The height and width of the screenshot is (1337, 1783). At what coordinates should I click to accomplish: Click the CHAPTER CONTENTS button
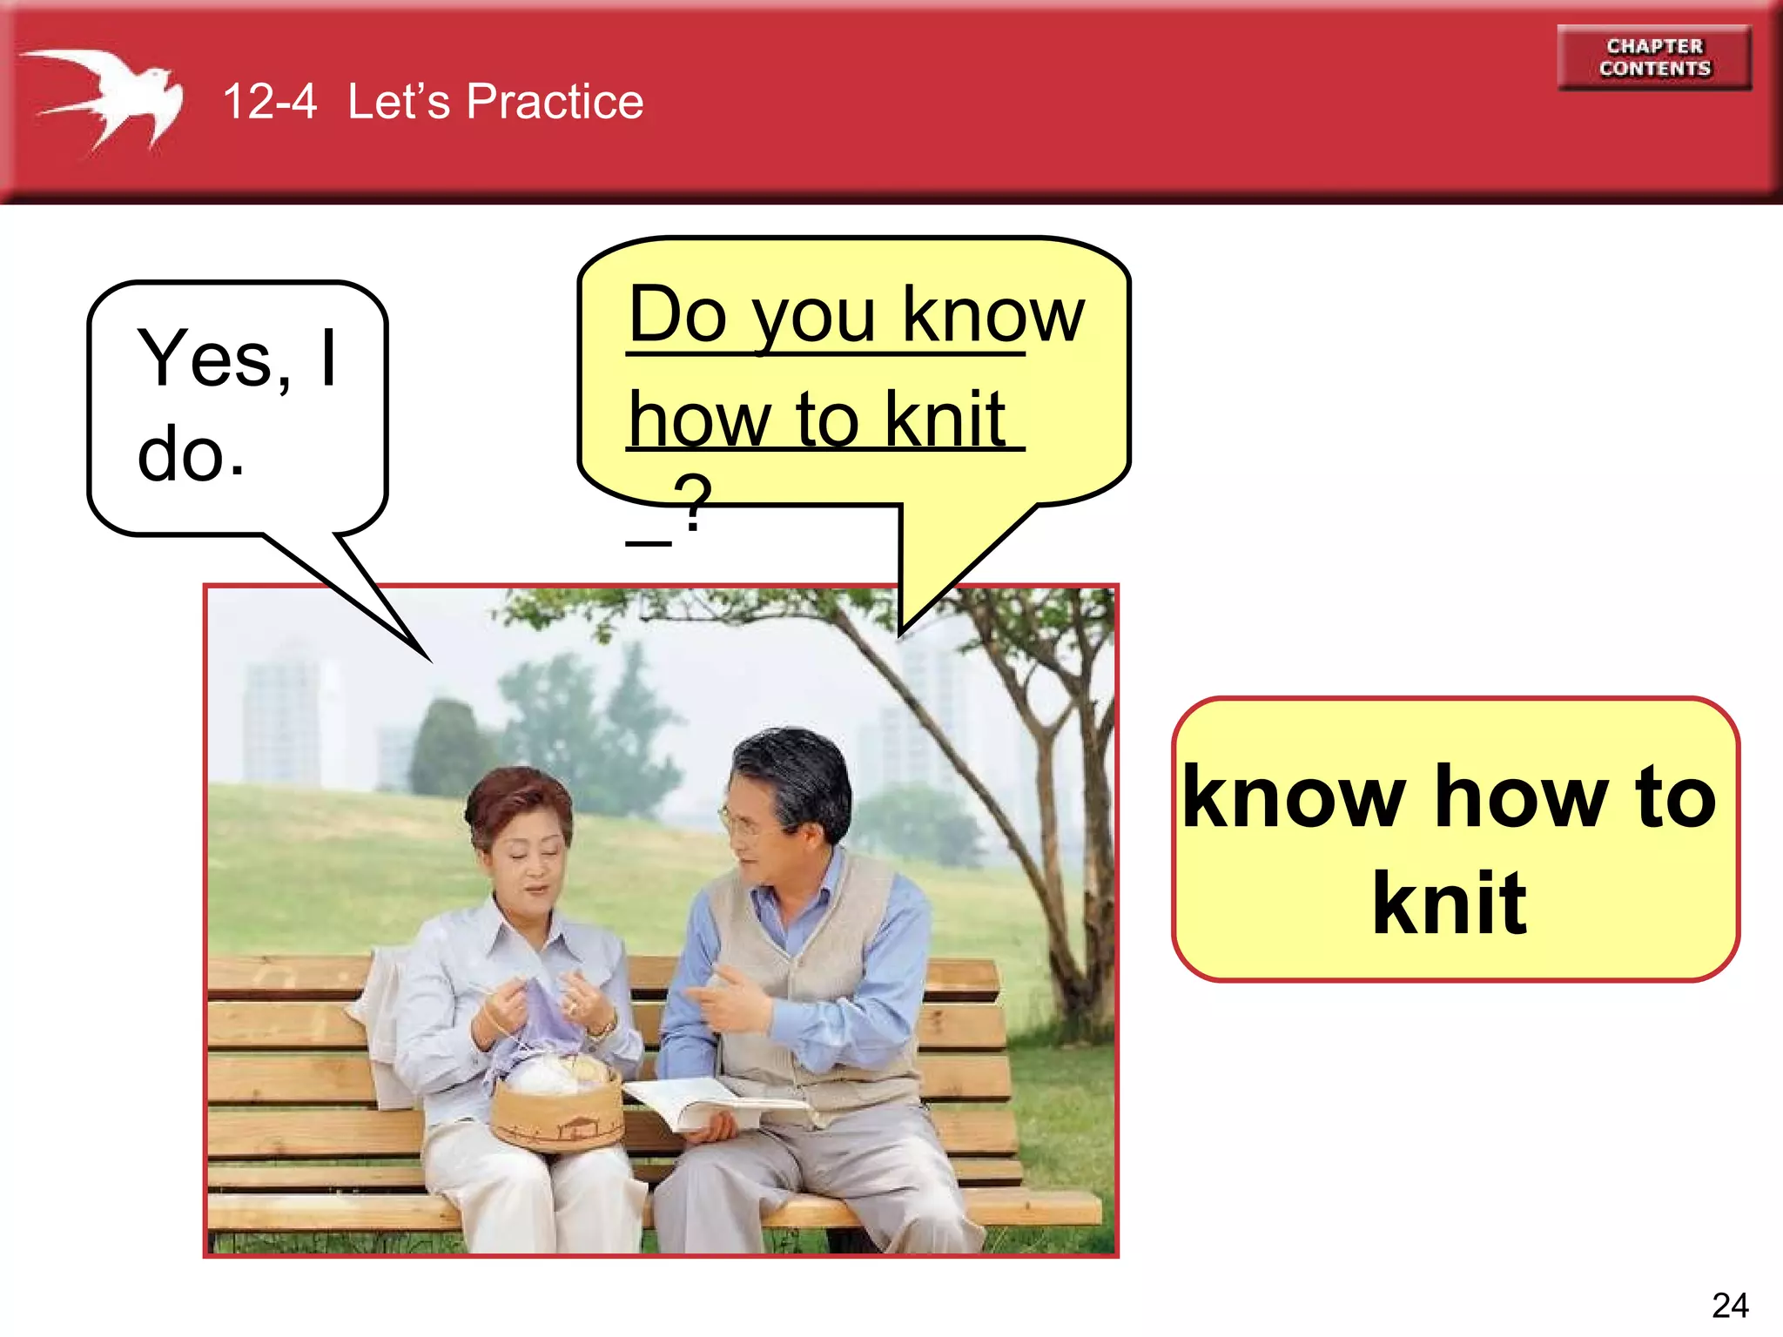pyautogui.click(x=1654, y=57)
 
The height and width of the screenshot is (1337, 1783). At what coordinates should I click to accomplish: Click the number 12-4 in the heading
pyautogui.click(x=269, y=102)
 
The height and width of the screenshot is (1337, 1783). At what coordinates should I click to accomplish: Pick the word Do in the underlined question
pyautogui.click(x=677, y=315)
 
